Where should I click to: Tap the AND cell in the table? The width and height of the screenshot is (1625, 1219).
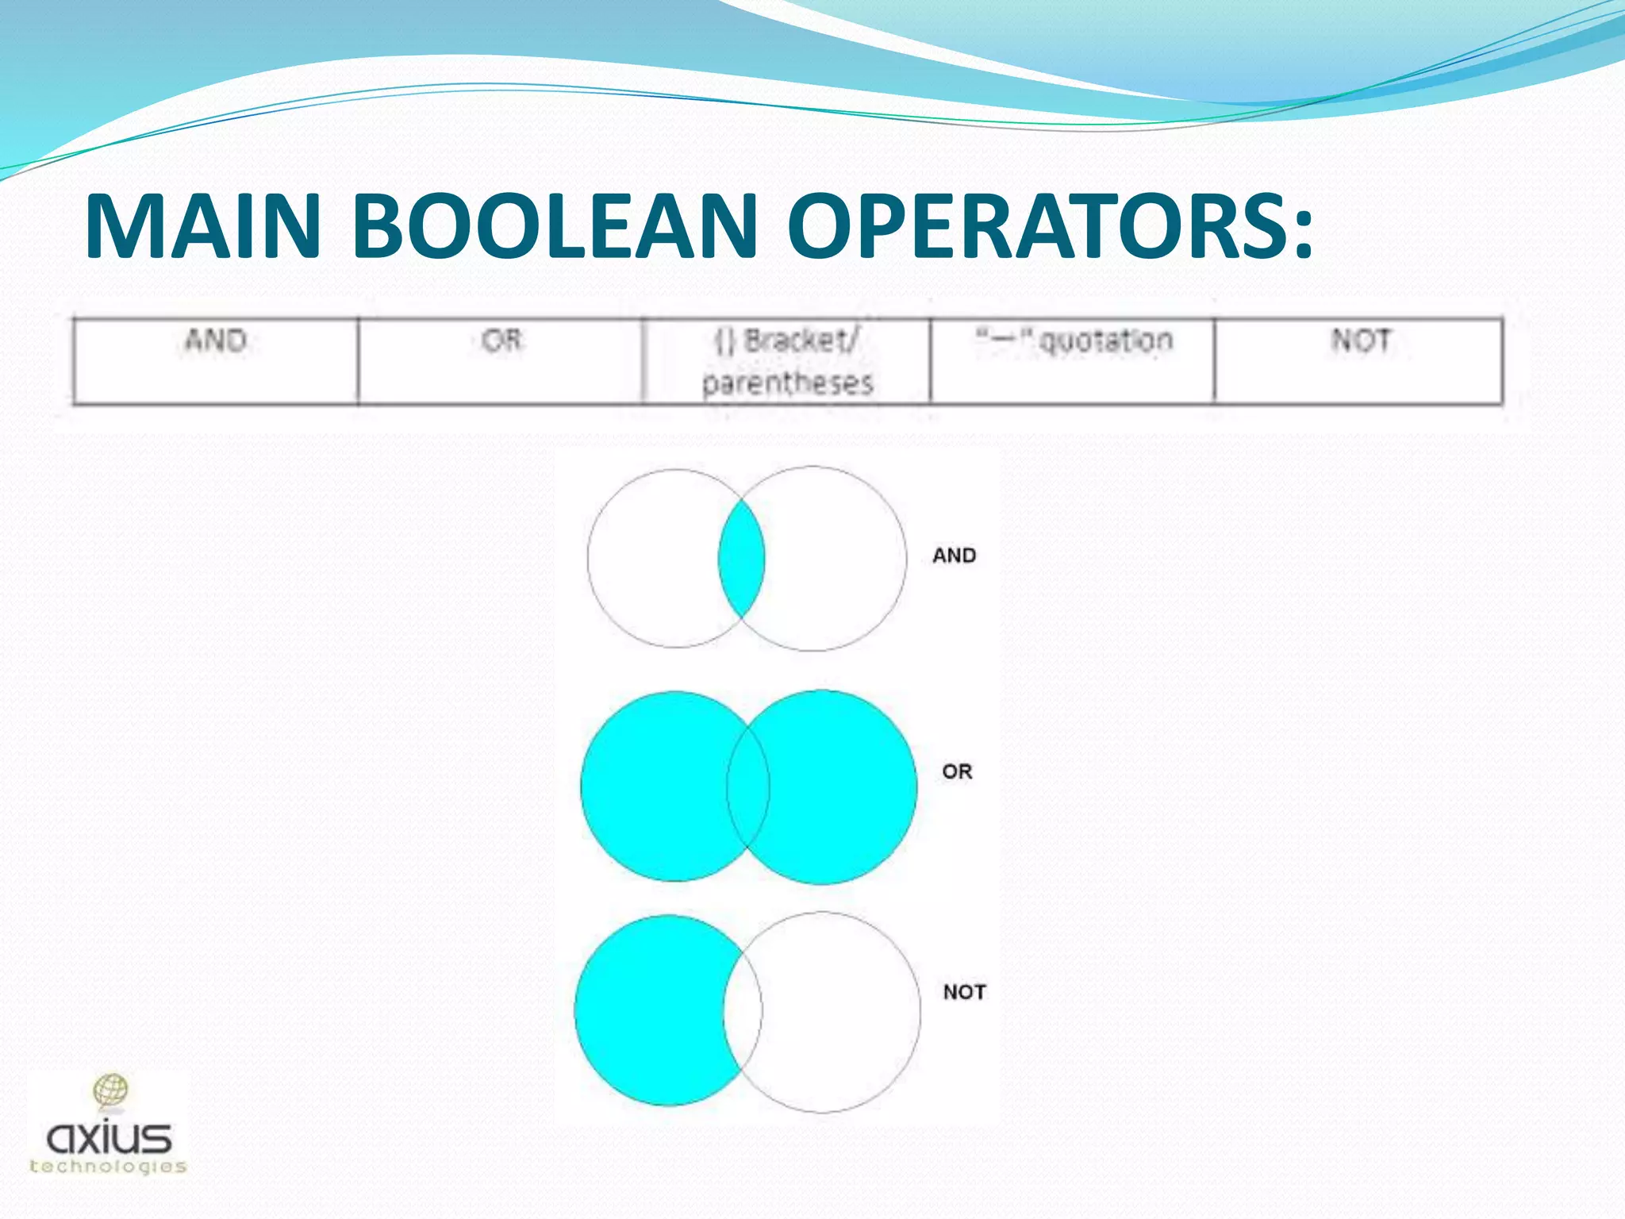click(215, 361)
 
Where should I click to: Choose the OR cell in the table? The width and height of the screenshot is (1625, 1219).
click(501, 361)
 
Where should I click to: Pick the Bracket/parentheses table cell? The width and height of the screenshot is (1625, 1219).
click(786, 361)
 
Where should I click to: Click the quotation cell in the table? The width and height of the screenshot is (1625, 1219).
click(1072, 361)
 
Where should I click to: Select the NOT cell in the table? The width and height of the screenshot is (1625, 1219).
click(1358, 361)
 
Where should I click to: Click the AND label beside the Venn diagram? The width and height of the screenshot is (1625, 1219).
click(954, 556)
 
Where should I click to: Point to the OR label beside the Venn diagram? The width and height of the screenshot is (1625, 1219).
click(957, 771)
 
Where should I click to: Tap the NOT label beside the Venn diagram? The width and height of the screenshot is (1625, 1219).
click(964, 992)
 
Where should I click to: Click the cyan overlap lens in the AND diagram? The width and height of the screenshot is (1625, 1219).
click(741, 559)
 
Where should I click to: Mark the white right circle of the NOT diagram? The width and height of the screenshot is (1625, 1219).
click(841, 1012)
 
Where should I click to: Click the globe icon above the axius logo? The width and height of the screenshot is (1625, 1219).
click(111, 1090)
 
